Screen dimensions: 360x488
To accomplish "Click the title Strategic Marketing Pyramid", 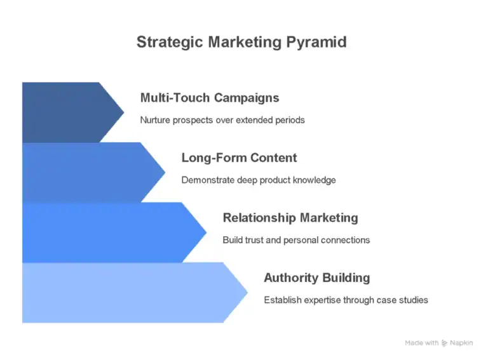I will pos(241,43).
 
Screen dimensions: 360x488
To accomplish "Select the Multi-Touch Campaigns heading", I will pos(209,98).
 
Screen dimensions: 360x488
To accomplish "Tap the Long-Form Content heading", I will pos(239,157).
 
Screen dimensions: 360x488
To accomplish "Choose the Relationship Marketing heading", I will pos(290,218).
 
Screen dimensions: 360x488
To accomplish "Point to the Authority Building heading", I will pos(316,277).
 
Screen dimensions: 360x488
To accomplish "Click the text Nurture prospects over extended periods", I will pos(222,120).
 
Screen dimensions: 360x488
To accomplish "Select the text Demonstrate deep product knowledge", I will pos(259,180).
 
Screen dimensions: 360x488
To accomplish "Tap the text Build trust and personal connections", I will pos(296,240).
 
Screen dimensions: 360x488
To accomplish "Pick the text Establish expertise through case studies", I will pos(346,300).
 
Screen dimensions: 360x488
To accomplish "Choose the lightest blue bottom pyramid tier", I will pos(127,292).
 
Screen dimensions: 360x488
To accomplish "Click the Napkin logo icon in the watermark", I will pos(445,343).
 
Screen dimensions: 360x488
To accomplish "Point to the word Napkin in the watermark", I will pos(462,343).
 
